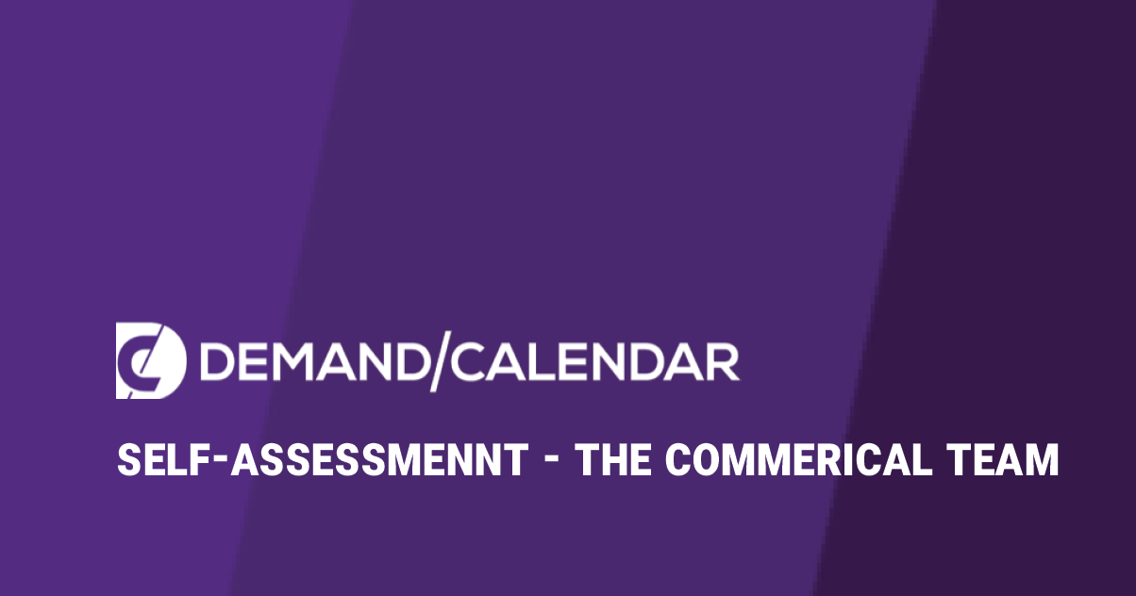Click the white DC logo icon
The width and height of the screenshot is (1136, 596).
tap(151, 360)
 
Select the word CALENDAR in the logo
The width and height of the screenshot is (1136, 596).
tap(595, 361)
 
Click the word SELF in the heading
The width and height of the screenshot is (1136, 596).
tap(163, 459)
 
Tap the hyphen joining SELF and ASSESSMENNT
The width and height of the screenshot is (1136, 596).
tap(220, 462)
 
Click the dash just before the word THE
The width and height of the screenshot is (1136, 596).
tap(554, 462)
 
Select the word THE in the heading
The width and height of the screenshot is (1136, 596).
tap(615, 459)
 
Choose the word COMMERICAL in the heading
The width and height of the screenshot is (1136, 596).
tap(799, 459)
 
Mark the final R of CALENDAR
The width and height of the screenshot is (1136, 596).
tap(722, 361)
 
